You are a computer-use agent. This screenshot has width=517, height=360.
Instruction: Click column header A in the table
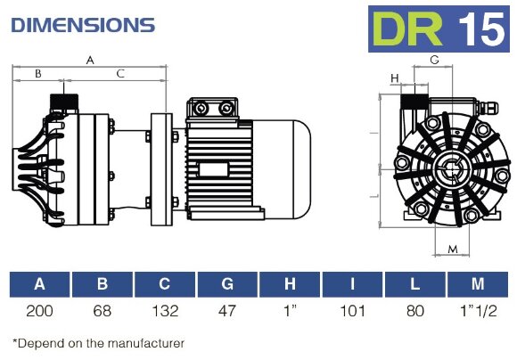pos(39,285)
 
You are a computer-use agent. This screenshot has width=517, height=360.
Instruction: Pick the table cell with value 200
pos(39,311)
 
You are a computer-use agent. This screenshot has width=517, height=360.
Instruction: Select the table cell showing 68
pos(102,311)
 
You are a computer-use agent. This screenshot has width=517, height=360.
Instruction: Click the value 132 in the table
pos(165,311)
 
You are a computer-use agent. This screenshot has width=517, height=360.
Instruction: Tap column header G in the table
pos(227,285)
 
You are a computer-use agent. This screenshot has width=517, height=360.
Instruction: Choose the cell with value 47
pos(227,311)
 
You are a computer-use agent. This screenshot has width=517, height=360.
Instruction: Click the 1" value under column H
pos(290,311)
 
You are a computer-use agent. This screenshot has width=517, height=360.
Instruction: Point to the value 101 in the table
pos(352,311)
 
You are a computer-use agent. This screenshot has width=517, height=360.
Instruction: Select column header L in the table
pos(414,285)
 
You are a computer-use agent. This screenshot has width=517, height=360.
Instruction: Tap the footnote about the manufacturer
pos(98,342)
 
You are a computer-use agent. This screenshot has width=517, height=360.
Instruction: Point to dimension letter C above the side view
pos(120,73)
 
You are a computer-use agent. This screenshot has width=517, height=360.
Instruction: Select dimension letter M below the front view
pos(453,249)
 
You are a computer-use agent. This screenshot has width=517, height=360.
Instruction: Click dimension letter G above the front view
pos(434,60)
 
